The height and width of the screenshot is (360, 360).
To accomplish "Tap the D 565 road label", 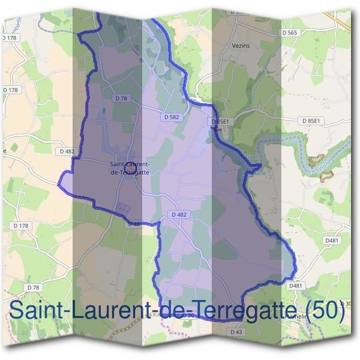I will (289, 32).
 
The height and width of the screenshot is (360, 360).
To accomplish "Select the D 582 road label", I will (171, 118).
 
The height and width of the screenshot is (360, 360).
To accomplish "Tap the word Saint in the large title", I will (36, 311).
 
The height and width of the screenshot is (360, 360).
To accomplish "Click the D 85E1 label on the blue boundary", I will (220, 121).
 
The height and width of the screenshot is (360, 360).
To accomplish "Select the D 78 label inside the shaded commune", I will (121, 98).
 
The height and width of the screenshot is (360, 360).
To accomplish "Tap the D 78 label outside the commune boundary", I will (33, 288).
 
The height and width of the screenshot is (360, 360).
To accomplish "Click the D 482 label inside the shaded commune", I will (179, 215).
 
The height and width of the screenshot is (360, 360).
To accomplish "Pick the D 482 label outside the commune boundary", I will (67, 152).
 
